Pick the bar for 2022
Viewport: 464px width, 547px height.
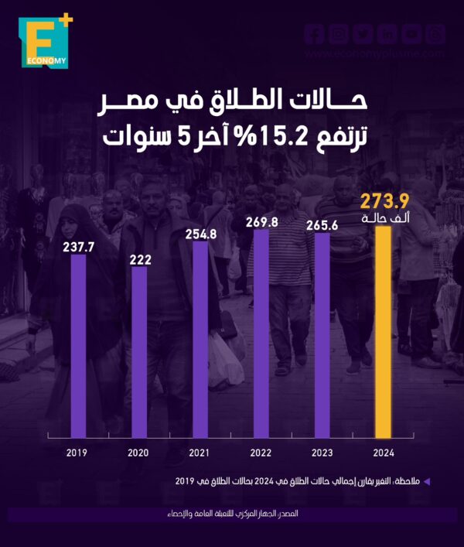[261, 333]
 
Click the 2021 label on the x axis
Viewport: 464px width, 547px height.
[200, 453]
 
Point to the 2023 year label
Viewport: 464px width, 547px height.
[322, 453]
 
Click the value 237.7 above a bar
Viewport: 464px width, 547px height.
[78, 246]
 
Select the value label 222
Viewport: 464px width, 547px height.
[139, 258]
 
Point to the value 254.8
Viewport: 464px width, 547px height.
[200, 232]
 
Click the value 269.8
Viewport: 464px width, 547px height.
[261, 220]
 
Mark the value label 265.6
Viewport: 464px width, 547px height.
[322, 224]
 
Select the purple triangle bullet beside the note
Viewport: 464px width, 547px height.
[425, 482]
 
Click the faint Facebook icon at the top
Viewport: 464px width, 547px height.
[312, 34]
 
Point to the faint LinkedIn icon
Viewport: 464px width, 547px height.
[388, 34]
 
